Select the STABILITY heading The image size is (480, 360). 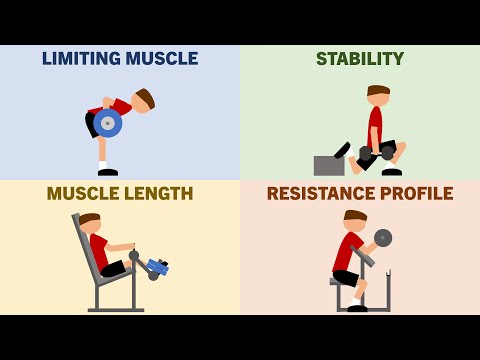(360, 59)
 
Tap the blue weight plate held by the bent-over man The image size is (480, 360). (108, 123)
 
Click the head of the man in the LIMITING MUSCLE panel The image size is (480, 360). (144, 100)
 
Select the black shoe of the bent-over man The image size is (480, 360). (107, 172)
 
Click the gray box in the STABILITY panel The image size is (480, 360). (329, 165)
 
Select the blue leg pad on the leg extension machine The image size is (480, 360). (157, 267)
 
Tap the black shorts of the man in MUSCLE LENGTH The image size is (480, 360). (112, 268)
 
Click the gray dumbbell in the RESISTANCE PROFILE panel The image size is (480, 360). (383, 238)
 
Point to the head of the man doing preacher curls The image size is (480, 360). (354, 221)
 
